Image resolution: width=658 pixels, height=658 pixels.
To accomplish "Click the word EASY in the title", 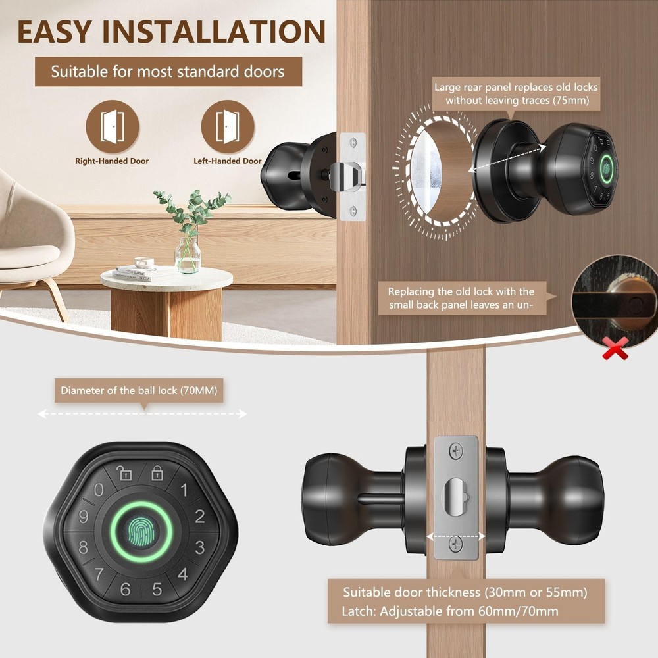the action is click(x=54, y=32).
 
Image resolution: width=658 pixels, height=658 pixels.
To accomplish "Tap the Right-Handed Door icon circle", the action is click(x=113, y=126).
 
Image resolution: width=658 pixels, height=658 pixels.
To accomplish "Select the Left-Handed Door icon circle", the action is click(x=228, y=126).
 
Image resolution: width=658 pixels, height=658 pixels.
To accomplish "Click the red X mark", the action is click(x=615, y=348).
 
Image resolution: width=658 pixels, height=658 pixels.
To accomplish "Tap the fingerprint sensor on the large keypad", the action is click(x=141, y=532).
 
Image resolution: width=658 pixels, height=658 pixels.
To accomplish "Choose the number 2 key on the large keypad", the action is click(x=200, y=516).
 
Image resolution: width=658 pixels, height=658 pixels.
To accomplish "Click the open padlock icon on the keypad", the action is click(x=124, y=473).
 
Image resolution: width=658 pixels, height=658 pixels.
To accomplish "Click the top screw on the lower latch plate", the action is click(x=456, y=451).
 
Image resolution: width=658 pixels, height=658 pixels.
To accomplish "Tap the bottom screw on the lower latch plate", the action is click(x=456, y=544).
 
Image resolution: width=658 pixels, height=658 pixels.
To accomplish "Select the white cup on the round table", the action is click(x=144, y=263).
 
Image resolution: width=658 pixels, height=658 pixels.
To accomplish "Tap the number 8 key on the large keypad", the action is click(x=83, y=547).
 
